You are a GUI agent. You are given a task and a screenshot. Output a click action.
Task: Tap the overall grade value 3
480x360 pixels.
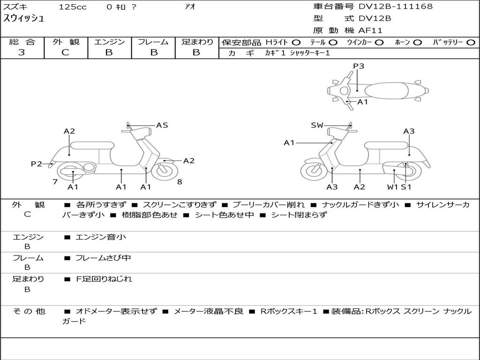point(22,52)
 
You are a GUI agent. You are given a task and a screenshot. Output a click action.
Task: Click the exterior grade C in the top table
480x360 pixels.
point(66,52)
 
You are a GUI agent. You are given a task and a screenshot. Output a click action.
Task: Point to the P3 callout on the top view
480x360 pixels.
point(359,66)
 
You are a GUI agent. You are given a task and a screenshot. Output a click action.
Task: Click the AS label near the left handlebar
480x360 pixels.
point(162,125)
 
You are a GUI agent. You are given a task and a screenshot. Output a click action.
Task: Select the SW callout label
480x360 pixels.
point(317,125)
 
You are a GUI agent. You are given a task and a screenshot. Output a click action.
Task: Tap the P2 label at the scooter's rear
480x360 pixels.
point(37,164)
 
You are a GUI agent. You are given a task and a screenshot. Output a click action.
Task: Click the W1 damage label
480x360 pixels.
point(392,187)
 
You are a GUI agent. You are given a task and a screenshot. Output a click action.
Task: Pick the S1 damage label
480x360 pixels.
point(406,187)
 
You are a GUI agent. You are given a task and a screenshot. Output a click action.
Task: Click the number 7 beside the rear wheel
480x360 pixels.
point(55,182)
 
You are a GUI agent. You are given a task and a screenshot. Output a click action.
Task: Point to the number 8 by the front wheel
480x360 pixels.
point(180,182)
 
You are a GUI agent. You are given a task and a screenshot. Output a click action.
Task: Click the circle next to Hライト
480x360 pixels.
point(296,43)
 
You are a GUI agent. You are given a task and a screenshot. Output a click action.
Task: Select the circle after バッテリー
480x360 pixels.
point(471,43)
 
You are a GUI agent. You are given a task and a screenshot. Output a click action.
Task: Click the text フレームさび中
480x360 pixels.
point(103,258)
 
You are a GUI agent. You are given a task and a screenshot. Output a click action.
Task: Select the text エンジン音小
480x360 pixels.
point(101,237)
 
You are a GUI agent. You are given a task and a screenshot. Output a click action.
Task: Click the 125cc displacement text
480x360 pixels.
point(73,7)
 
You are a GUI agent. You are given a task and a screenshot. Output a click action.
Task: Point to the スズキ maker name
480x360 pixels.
point(15,7)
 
